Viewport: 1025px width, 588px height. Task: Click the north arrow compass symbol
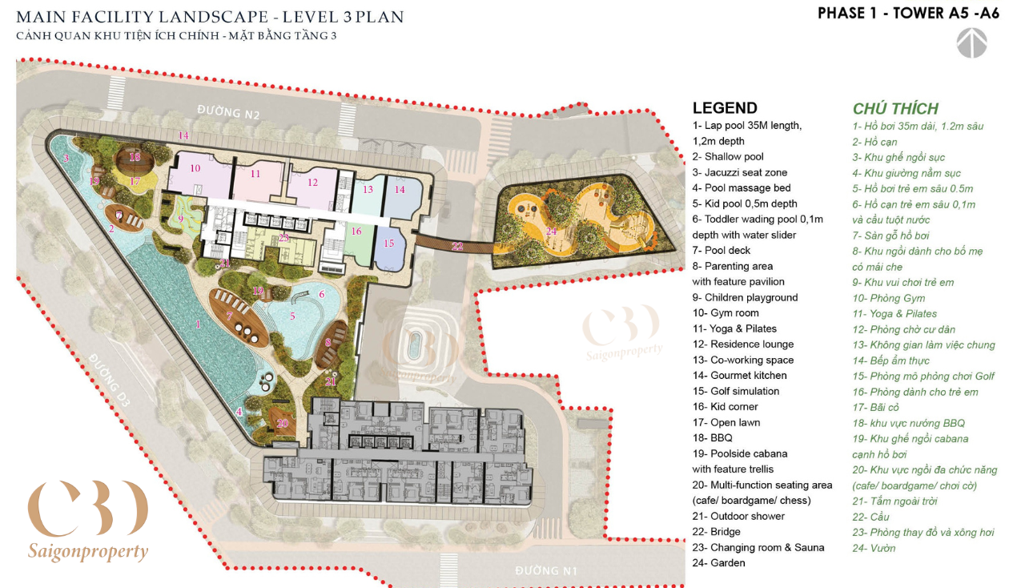pyautogui.click(x=971, y=43)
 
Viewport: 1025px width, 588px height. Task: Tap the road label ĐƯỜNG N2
pyautogui.click(x=229, y=112)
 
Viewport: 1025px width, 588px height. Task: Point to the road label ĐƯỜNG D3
pyautogui.click(x=110, y=380)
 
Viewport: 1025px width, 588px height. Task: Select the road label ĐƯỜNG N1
pyautogui.click(x=546, y=570)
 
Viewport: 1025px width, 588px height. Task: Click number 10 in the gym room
pyautogui.click(x=195, y=168)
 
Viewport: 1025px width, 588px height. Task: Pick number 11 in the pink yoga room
pyautogui.click(x=255, y=174)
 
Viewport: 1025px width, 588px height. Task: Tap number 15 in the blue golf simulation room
pyautogui.click(x=389, y=244)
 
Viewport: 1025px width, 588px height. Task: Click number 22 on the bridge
pyautogui.click(x=457, y=247)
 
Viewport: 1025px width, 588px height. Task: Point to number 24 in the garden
pyautogui.click(x=552, y=232)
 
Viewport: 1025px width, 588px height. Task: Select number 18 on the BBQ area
pyautogui.click(x=135, y=157)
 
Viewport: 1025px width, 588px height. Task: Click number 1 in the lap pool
pyautogui.click(x=198, y=324)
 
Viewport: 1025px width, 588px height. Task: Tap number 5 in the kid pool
pyautogui.click(x=292, y=316)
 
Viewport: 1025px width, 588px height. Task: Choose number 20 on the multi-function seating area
pyautogui.click(x=283, y=423)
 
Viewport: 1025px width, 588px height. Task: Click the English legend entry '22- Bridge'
pyautogui.click(x=716, y=532)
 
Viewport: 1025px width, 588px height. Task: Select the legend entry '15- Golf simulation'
pyautogui.click(x=736, y=391)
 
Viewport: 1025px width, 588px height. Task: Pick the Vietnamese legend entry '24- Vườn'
pyautogui.click(x=874, y=548)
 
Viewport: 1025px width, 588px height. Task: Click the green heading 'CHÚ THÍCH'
pyautogui.click(x=895, y=108)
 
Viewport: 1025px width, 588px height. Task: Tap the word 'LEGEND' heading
pyautogui.click(x=725, y=108)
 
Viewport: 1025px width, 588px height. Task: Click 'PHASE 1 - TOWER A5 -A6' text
pyautogui.click(x=908, y=14)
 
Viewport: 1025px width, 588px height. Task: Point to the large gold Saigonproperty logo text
pyautogui.click(x=88, y=551)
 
